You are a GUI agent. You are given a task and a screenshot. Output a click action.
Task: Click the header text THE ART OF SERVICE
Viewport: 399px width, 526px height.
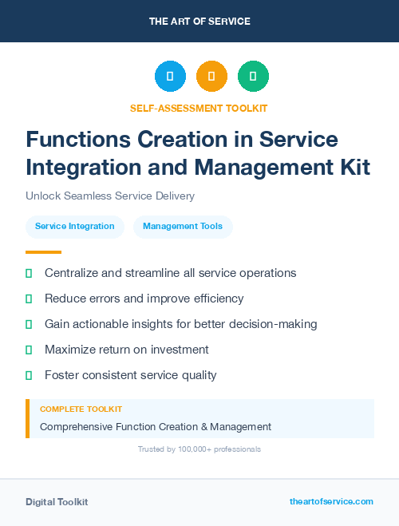point(199,22)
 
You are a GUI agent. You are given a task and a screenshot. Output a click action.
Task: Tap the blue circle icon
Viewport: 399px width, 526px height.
point(170,77)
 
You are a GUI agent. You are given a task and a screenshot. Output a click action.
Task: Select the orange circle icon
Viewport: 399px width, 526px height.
point(211,77)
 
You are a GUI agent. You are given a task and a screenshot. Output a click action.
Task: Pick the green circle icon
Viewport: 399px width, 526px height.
point(253,77)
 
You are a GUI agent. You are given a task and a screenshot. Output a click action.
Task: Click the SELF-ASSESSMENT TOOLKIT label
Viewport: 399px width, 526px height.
point(199,108)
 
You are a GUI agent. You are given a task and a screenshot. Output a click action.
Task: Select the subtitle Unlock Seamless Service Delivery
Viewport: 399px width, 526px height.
point(110,196)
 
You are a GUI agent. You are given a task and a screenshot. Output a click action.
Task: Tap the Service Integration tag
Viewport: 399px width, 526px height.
point(75,227)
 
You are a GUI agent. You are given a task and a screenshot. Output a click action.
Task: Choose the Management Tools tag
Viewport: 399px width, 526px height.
point(183,227)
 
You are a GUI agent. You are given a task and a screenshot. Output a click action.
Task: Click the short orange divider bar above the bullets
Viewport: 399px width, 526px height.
point(38,252)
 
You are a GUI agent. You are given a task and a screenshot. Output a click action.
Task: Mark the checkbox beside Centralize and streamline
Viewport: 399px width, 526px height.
point(29,274)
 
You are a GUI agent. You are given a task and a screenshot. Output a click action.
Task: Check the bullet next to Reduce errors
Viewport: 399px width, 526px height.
point(29,299)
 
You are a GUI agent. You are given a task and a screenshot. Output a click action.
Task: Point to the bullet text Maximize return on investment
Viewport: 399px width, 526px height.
point(126,350)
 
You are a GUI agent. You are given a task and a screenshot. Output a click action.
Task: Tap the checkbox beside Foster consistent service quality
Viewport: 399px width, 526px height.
point(29,375)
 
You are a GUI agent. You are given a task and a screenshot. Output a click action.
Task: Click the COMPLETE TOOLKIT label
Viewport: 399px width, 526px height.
point(75,409)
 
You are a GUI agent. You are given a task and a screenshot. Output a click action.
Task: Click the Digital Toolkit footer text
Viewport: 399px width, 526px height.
point(57,502)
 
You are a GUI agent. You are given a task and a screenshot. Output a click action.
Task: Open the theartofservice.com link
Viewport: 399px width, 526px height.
point(331,501)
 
